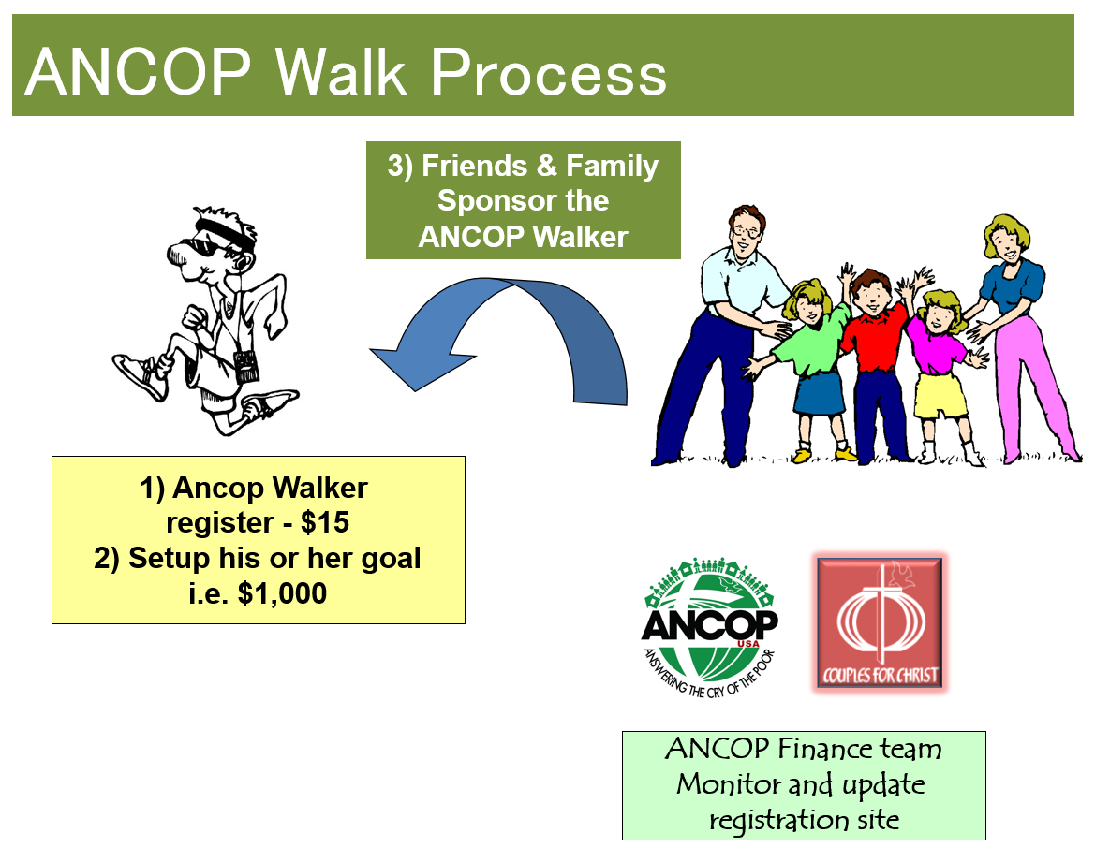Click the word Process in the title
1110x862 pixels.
point(549,73)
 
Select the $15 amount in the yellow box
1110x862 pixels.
point(325,522)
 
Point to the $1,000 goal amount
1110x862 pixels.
point(283,593)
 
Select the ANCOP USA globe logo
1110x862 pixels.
point(710,626)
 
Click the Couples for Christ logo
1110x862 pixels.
point(880,623)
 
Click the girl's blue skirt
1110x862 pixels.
point(819,392)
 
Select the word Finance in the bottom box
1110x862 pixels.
point(824,748)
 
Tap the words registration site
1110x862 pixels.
point(805,820)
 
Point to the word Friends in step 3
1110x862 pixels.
point(474,167)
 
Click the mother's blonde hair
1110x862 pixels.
point(1005,232)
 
